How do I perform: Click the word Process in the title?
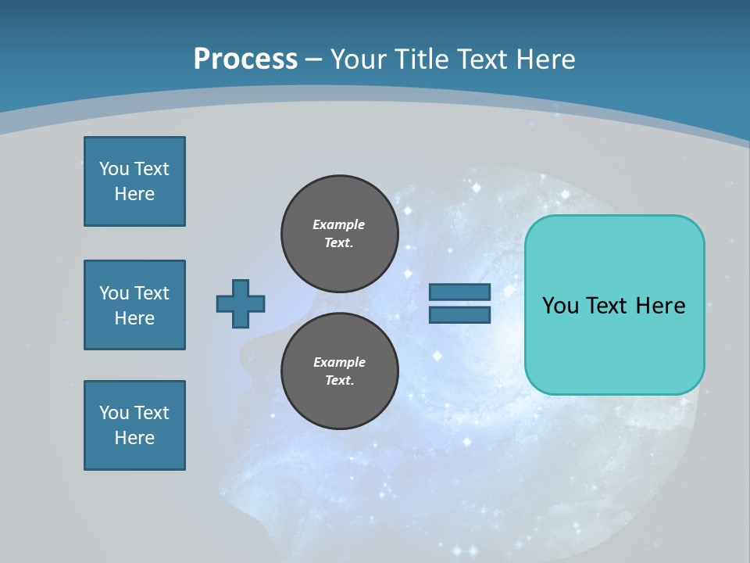[x=245, y=59]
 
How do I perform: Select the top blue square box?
[x=134, y=181]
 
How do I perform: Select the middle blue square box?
[x=134, y=305]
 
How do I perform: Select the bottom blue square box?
[x=134, y=425]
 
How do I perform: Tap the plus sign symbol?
[x=241, y=303]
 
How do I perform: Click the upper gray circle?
[x=339, y=234]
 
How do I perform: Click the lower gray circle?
[x=339, y=371]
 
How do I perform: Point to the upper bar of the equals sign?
[x=459, y=292]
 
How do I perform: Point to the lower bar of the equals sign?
[x=459, y=314]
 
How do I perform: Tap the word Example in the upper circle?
[x=339, y=224]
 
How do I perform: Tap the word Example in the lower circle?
[x=339, y=362]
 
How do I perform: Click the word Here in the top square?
[x=134, y=194]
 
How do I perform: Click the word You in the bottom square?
[x=114, y=413]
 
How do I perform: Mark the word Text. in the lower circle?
[x=339, y=381]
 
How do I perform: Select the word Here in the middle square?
[x=134, y=318]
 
